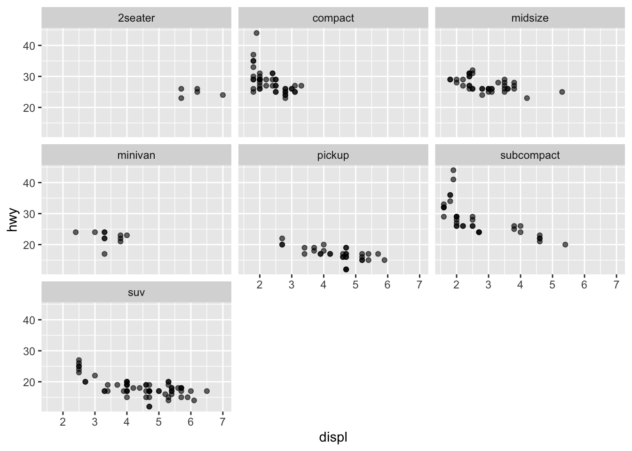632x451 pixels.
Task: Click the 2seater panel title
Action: [x=136, y=18]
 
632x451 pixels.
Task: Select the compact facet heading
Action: [x=333, y=18]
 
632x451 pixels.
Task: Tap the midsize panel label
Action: [x=529, y=18]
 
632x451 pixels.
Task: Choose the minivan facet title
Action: [x=136, y=156]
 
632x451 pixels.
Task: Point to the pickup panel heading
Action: [x=333, y=156]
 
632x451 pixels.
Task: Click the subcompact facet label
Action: [x=529, y=156]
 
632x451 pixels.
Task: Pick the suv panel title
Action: [x=136, y=293]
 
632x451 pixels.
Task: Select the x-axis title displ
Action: [x=333, y=437]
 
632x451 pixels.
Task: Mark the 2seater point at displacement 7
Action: [x=223, y=95]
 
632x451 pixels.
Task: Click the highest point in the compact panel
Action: [x=256, y=33]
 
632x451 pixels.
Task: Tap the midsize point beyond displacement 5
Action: [x=562, y=92]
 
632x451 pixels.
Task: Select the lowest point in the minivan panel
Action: [x=104, y=254]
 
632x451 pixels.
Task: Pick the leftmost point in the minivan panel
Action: [x=76, y=232]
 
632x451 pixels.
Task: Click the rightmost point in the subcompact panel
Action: [x=565, y=245]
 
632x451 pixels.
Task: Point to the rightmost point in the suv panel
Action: [x=207, y=391]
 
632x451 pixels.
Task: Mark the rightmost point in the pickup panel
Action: [x=384, y=260]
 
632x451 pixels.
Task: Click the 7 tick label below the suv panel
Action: [x=223, y=422]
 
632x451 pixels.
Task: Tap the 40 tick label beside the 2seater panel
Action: [x=29, y=46]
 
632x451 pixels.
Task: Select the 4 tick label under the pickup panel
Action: [x=324, y=285]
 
